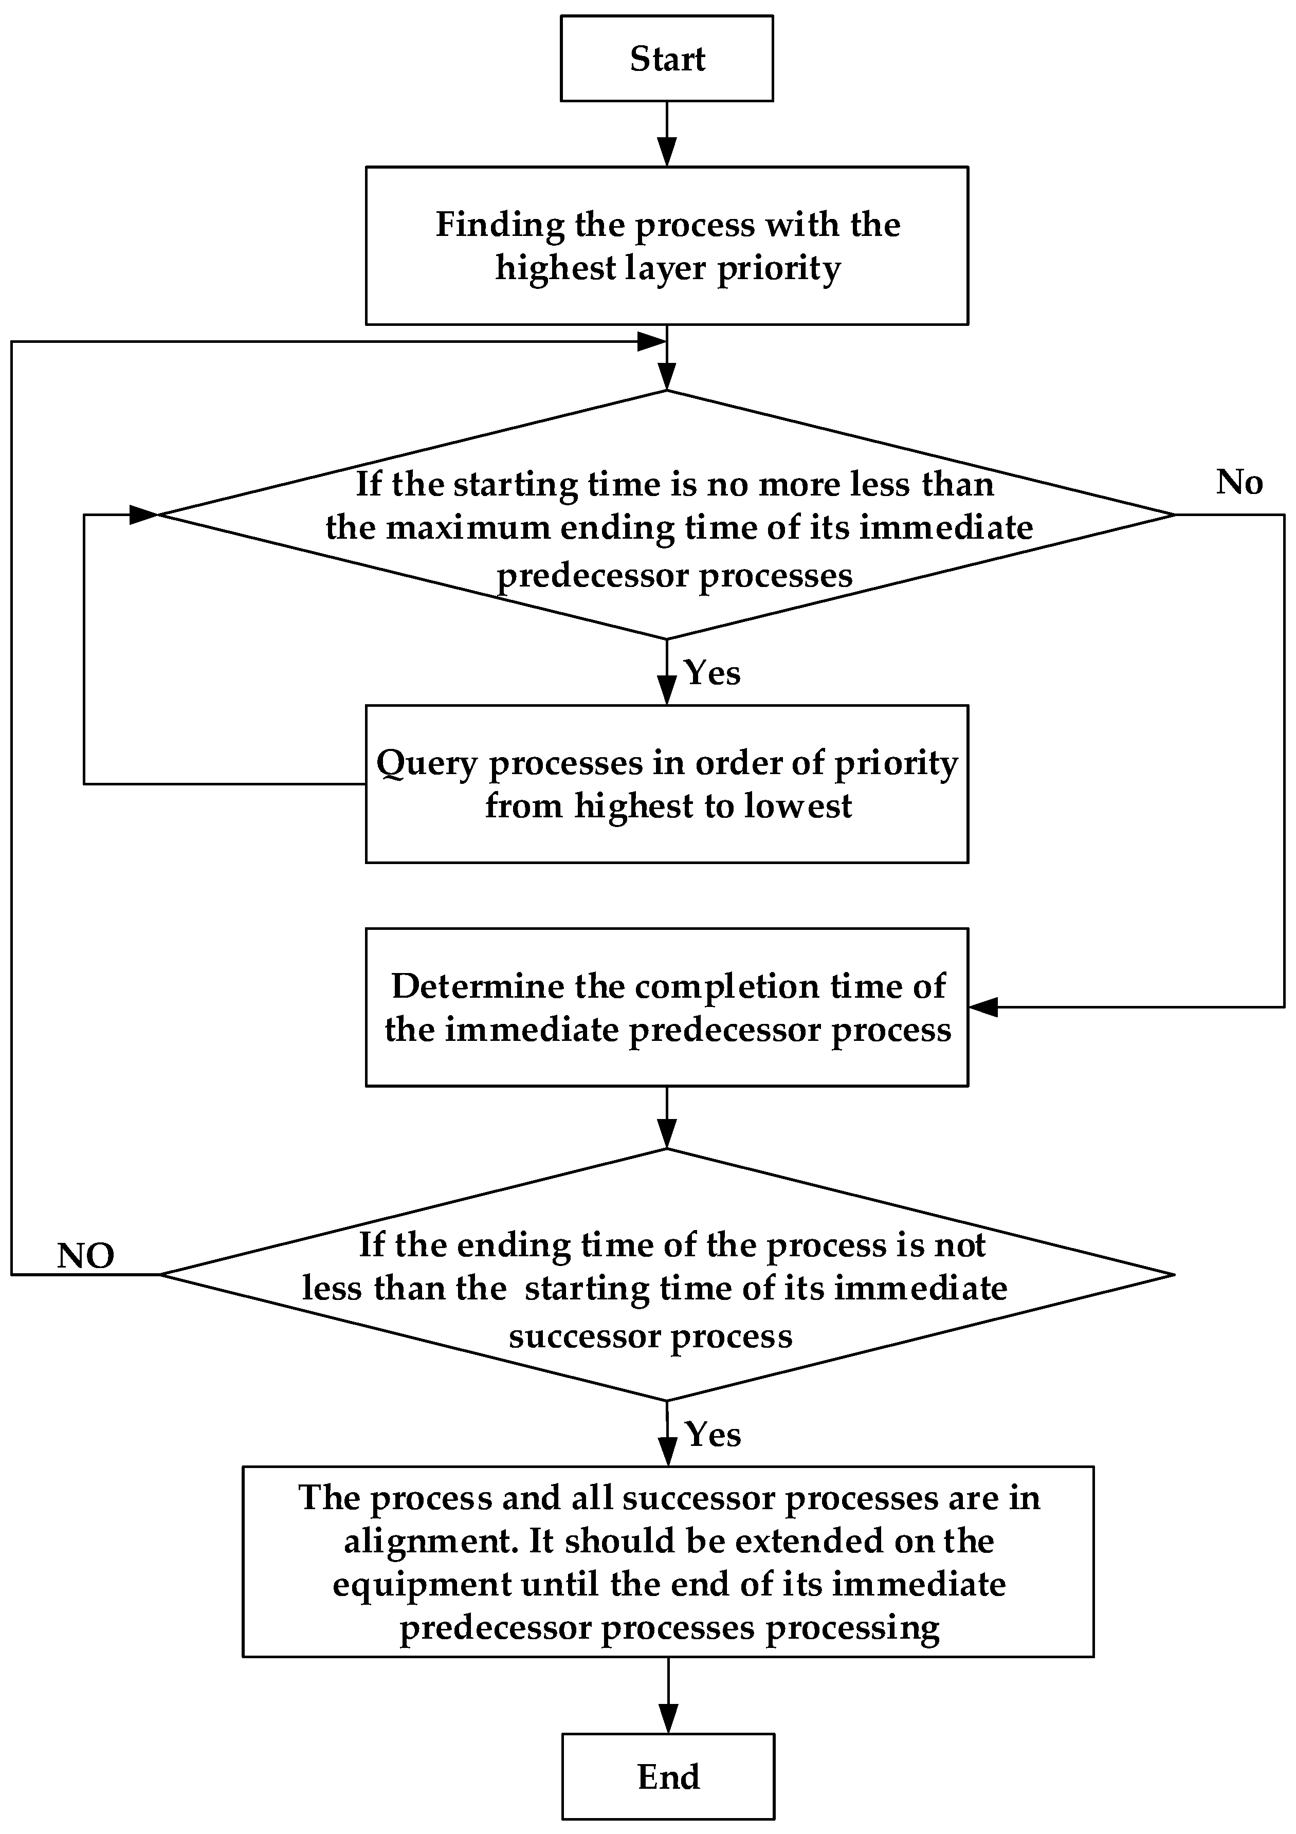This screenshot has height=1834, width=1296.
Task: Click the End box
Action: [x=668, y=1776]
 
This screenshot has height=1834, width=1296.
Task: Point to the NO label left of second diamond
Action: [x=85, y=1256]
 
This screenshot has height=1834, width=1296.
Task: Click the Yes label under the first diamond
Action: [x=712, y=672]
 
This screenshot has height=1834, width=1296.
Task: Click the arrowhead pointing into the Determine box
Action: [x=983, y=1007]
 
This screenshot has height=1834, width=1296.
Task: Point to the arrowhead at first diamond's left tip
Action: [x=144, y=515]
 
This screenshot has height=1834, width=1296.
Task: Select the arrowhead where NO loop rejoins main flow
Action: [x=652, y=342]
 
